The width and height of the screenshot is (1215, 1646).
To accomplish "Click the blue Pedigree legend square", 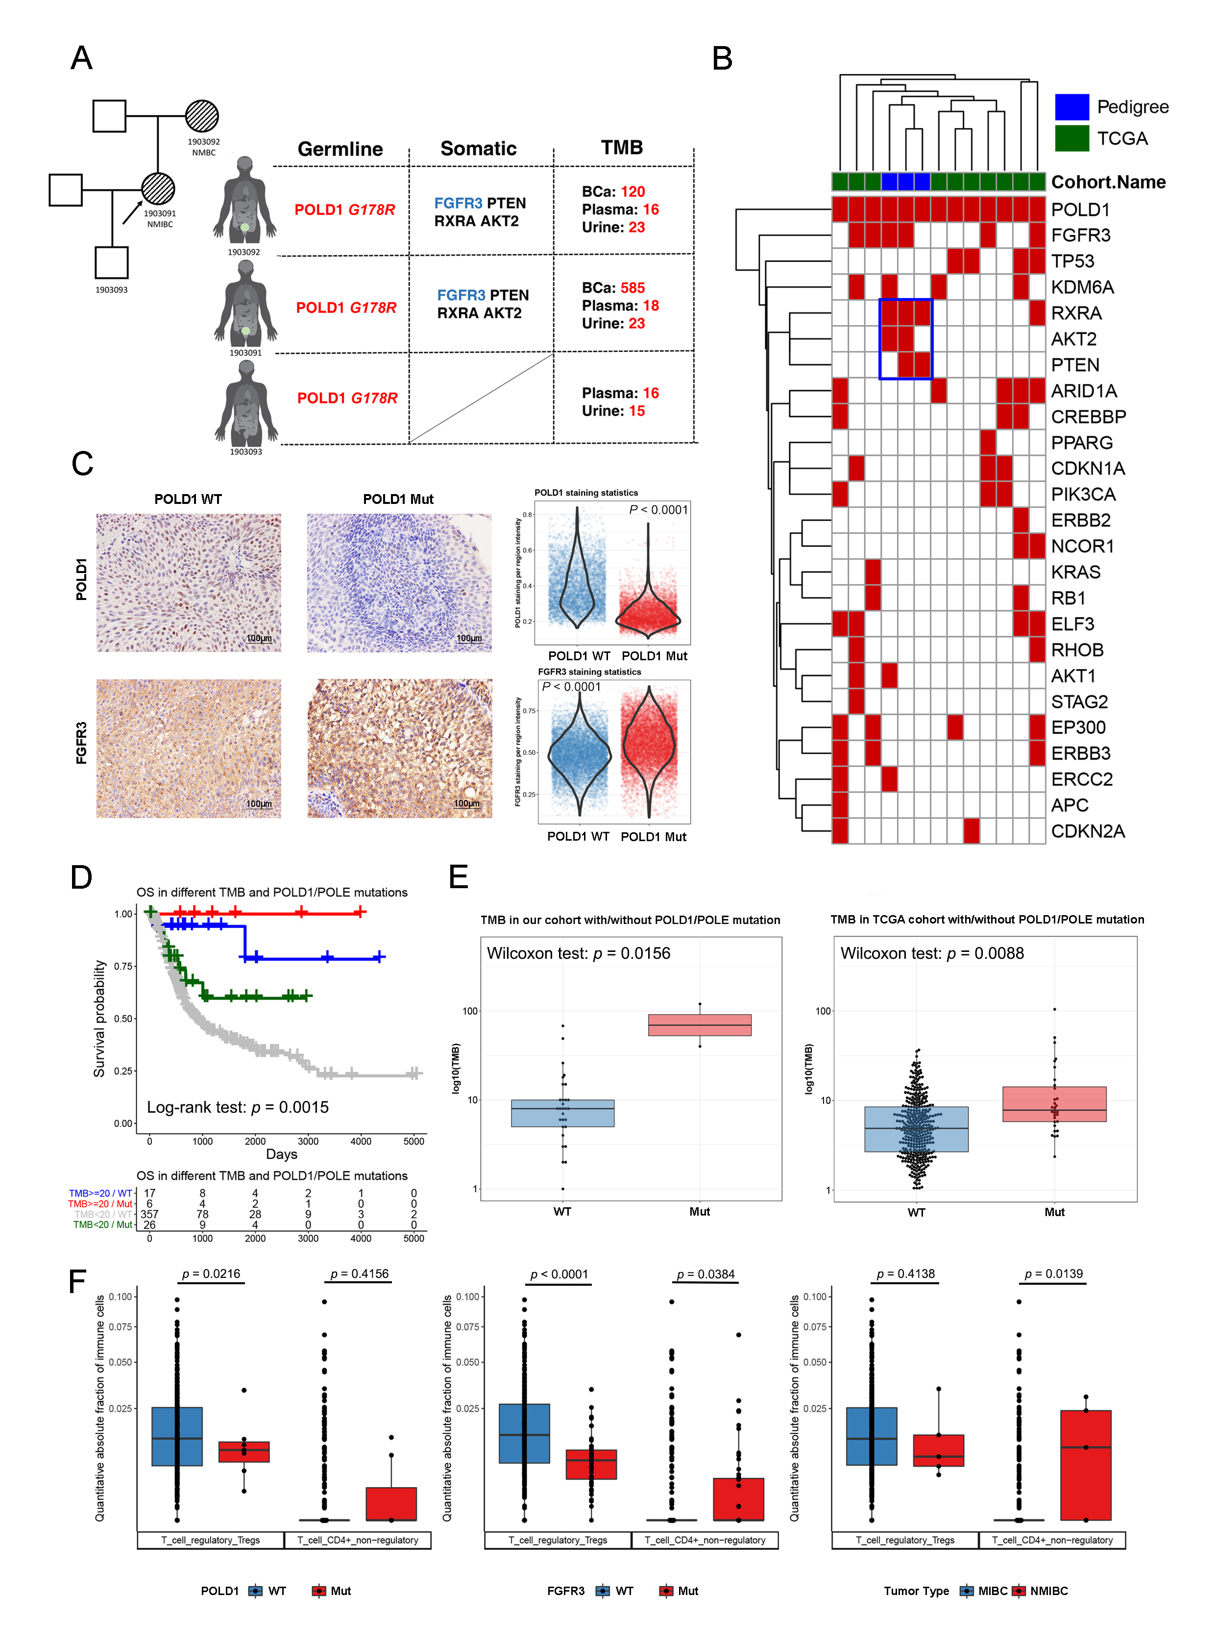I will pos(1071,107).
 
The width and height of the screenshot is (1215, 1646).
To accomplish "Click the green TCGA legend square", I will pos(1071,138).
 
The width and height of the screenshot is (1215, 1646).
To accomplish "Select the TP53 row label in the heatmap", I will pos(1072,261).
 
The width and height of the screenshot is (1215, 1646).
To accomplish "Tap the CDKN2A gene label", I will pos(1088,831).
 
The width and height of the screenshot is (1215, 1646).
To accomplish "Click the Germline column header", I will pos(340,150).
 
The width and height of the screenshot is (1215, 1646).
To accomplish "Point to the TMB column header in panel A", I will pos(622,148).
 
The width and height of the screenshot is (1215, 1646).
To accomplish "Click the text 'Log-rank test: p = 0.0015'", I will pos(238,1107).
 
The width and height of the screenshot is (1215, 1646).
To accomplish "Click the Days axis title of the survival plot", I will pos(282,1154).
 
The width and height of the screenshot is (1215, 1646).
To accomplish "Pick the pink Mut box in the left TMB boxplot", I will pos(700,1025).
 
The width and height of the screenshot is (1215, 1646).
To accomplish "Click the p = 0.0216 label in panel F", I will pos(211,1273).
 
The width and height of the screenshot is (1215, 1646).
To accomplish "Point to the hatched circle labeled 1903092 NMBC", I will pos(202,116).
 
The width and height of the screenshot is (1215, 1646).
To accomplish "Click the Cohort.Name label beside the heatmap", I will pos(1108,182).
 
